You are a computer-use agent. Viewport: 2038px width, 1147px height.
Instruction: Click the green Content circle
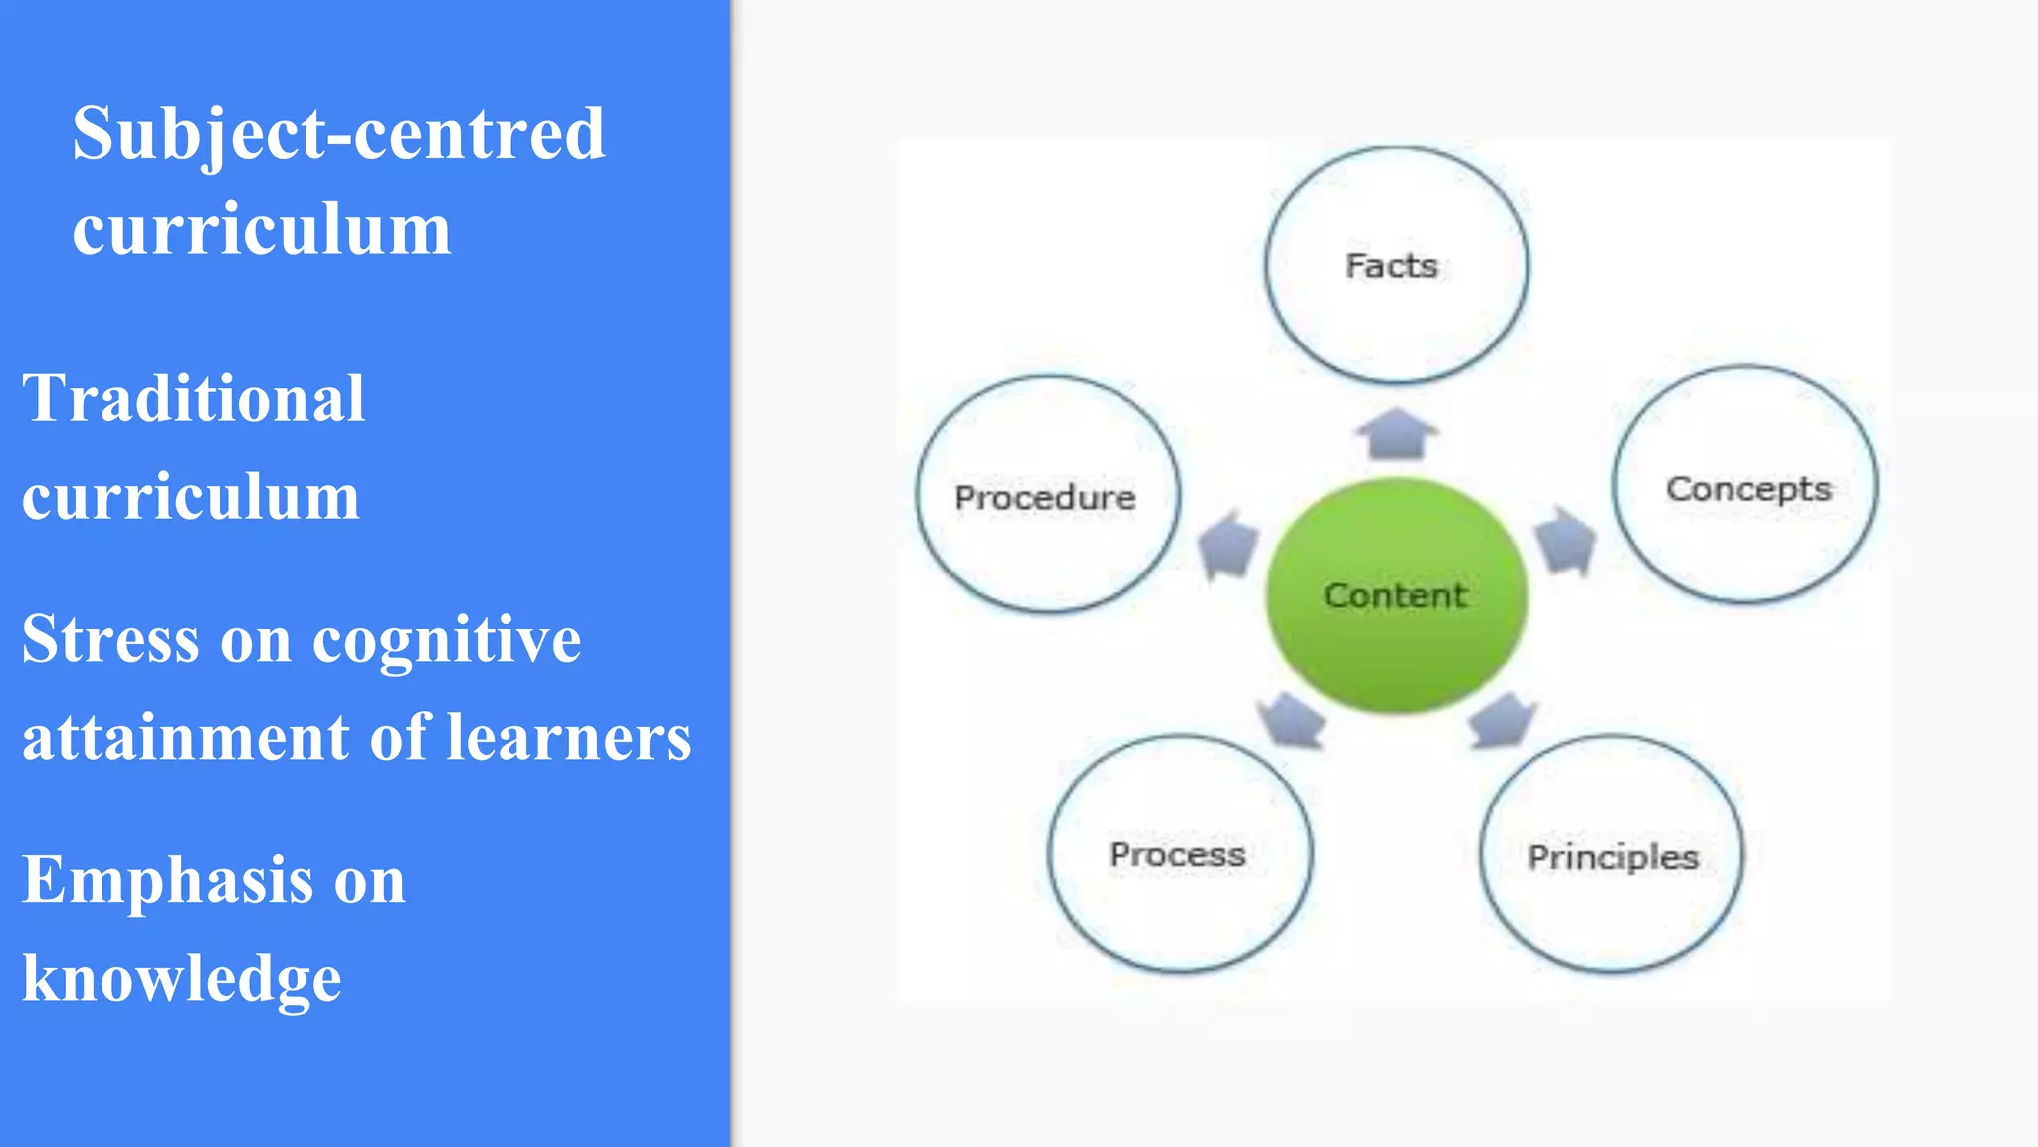pos(1396,595)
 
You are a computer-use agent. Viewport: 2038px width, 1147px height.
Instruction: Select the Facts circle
pos(1396,265)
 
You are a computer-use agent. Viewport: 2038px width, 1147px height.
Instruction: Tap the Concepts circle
pos(1745,486)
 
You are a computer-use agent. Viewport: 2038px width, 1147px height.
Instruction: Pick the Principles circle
pos(1612,854)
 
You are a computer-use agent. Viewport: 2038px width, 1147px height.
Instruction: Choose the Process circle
pos(1179,853)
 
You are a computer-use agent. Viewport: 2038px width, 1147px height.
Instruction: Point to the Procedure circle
pos(1047,495)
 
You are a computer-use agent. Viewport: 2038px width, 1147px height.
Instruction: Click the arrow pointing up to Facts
pos(1397,434)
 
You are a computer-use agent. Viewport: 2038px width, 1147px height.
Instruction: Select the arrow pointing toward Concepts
pos(1566,541)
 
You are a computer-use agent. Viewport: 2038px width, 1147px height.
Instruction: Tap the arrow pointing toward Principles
pos(1503,719)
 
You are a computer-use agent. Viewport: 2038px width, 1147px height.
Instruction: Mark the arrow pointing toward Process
pos(1291,719)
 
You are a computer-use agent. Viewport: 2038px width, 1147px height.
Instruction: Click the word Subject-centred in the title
pos(338,134)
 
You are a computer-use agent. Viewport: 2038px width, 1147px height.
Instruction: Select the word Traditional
pos(194,398)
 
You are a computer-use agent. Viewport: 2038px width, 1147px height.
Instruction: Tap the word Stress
pos(110,639)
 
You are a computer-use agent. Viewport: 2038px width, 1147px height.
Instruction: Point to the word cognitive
pos(447,639)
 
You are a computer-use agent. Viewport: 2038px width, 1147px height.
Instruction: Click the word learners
pos(568,738)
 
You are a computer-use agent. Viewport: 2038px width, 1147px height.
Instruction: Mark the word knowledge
pos(182,978)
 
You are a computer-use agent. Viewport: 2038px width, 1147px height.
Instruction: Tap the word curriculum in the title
pos(262,229)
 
